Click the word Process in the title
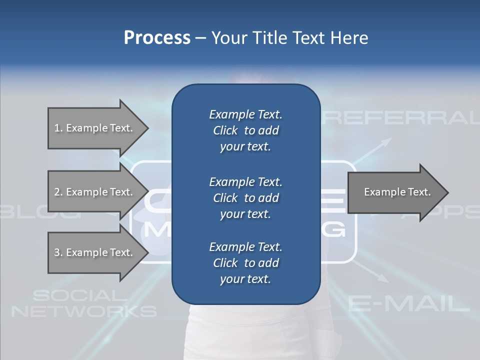[157, 38]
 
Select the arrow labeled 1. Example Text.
[93, 128]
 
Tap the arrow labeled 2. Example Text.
[93, 192]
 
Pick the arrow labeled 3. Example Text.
[93, 252]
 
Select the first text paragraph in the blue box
[245, 130]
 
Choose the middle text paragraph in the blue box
[245, 198]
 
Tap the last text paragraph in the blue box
[245, 263]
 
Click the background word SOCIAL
[75, 296]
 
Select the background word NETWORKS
[84, 311]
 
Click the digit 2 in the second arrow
[56, 192]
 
